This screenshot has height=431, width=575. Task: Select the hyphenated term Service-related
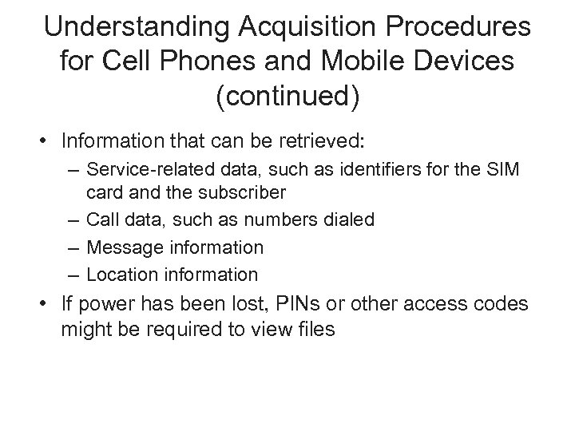[143, 170]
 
